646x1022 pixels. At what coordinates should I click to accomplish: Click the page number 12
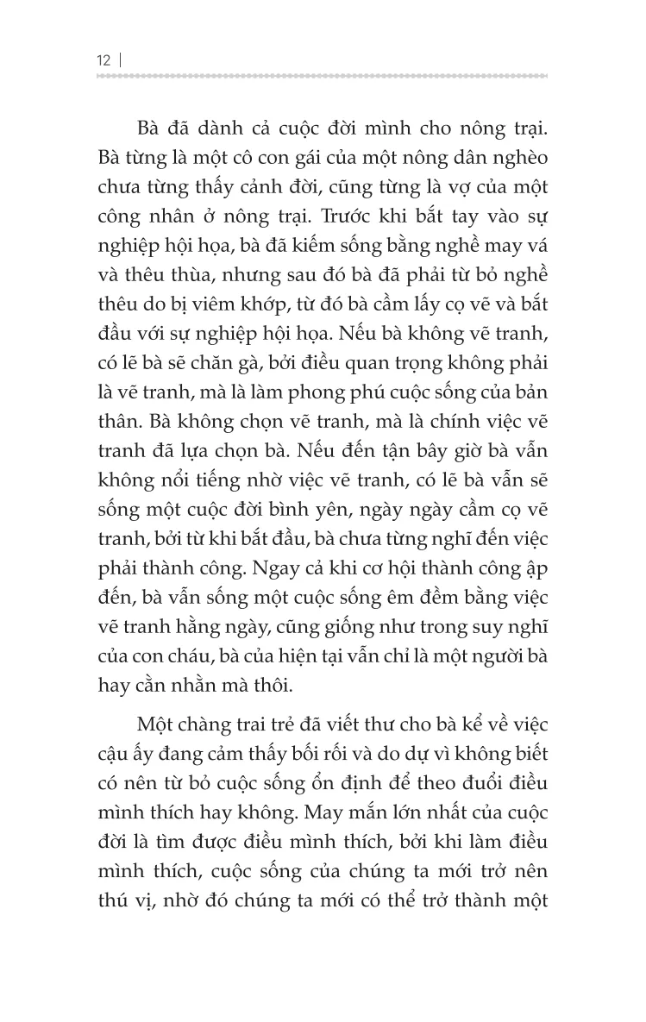coord(104,60)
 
